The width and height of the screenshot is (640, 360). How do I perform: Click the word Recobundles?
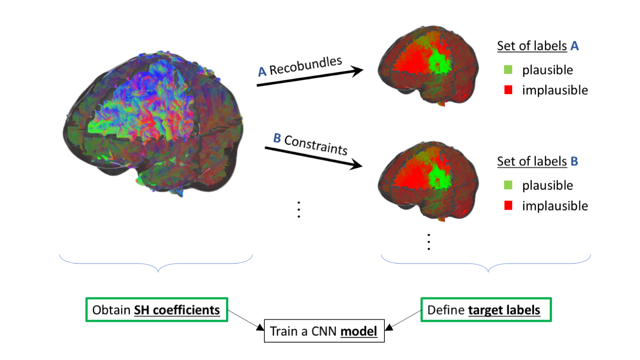coord(305,66)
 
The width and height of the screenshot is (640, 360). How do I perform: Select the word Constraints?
coord(316,145)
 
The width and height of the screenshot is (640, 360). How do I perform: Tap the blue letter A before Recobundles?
coord(262,72)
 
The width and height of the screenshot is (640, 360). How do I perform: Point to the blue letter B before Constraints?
coord(277,138)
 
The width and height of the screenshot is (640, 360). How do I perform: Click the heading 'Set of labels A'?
coord(537,46)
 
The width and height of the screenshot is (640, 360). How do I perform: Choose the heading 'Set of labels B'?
coord(537,162)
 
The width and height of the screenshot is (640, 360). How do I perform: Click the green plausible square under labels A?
coord(508,69)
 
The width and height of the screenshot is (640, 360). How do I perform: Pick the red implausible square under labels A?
coord(508,90)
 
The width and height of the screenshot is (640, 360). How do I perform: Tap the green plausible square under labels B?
coord(508,185)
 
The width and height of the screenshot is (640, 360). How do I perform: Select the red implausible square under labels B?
coord(508,206)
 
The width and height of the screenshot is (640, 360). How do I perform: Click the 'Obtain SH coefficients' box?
coord(157,310)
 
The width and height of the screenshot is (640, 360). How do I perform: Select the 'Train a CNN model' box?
coord(324,331)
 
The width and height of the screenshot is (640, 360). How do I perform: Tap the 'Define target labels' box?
coord(486,310)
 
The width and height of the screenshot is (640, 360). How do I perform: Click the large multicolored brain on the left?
coord(153,122)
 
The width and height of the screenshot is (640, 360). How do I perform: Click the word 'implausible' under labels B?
coord(555,206)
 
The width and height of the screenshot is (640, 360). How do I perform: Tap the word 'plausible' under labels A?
coord(547,70)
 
